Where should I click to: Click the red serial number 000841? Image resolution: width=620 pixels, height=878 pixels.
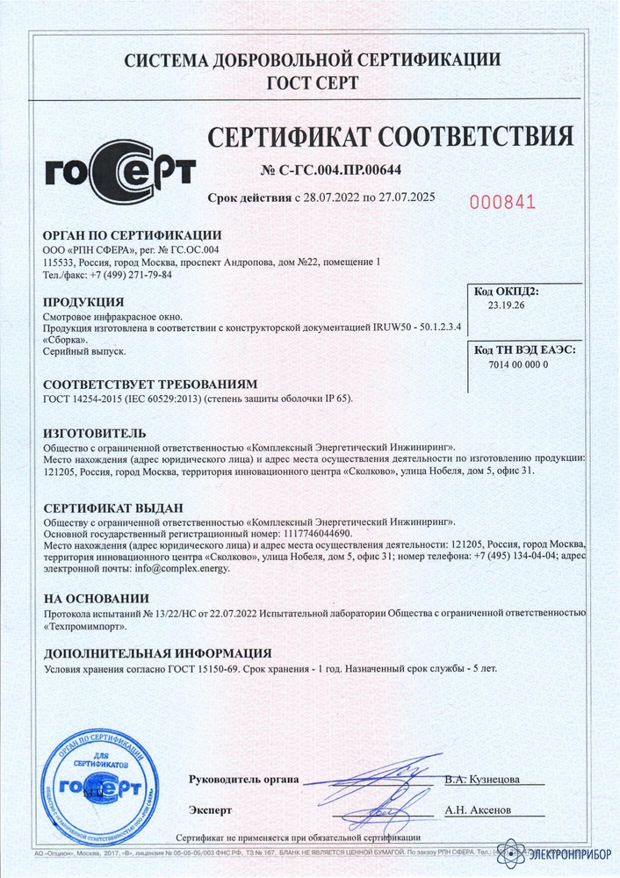[502, 202]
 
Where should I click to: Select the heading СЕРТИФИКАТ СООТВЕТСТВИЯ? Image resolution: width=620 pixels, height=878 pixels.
[390, 136]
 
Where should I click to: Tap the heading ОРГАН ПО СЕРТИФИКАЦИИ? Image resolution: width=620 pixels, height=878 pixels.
[132, 235]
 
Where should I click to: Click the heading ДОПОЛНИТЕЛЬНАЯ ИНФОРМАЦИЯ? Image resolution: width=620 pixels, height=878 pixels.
[157, 653]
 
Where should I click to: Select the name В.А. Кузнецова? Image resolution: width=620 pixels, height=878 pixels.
[482, 780]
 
